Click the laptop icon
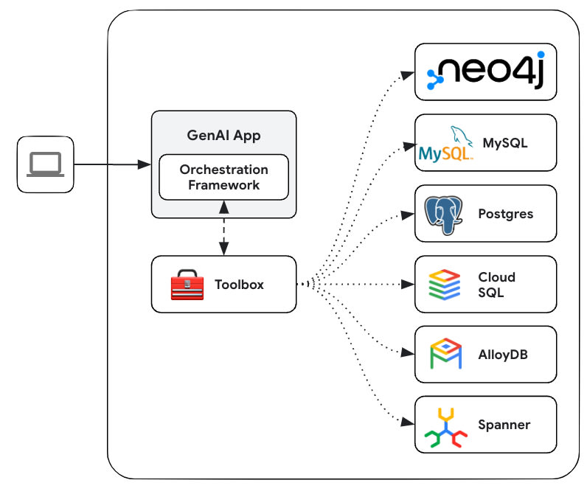46,164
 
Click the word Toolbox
239,284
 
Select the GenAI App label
223,136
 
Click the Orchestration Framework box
223,177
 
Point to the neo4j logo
484,72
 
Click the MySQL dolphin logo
445,143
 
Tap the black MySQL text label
505,142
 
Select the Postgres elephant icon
445,214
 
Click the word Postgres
505,214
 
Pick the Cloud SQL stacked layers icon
445,285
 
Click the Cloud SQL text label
496,285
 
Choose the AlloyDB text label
502,355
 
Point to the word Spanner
504,425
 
